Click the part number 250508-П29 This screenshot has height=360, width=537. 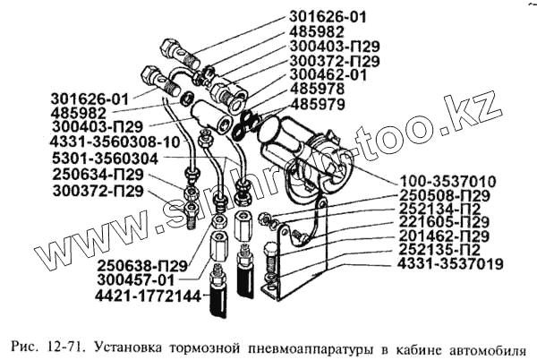pyautogui.click(x=444, y=195)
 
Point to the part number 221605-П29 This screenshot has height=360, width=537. pyautogui.click(x=444, y=222)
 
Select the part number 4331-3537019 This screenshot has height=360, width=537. pyautogui.click(x=450, y=264)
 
